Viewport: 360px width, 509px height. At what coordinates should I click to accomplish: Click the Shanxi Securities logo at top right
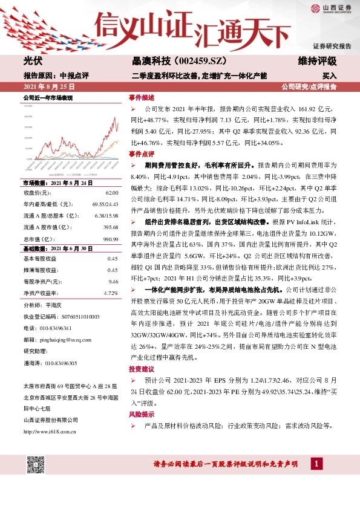point(330,8)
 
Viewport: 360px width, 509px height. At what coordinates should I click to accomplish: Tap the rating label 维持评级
point(317,62)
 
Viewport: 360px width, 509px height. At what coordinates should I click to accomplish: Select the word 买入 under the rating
point(329,76)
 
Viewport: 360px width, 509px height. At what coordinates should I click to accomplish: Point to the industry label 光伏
point(33,62)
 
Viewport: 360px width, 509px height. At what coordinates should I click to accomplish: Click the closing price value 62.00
point(111,192)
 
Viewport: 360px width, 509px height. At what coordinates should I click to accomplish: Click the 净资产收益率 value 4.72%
point(111,293)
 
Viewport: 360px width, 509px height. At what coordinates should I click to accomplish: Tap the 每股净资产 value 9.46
point(113,281)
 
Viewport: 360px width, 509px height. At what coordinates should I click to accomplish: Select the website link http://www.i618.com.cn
point(49,431)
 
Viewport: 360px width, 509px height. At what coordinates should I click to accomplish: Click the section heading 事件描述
point(141,97)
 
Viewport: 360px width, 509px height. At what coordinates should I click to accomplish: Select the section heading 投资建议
point(141,369)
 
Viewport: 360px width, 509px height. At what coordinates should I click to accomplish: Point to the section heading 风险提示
point(141,415)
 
